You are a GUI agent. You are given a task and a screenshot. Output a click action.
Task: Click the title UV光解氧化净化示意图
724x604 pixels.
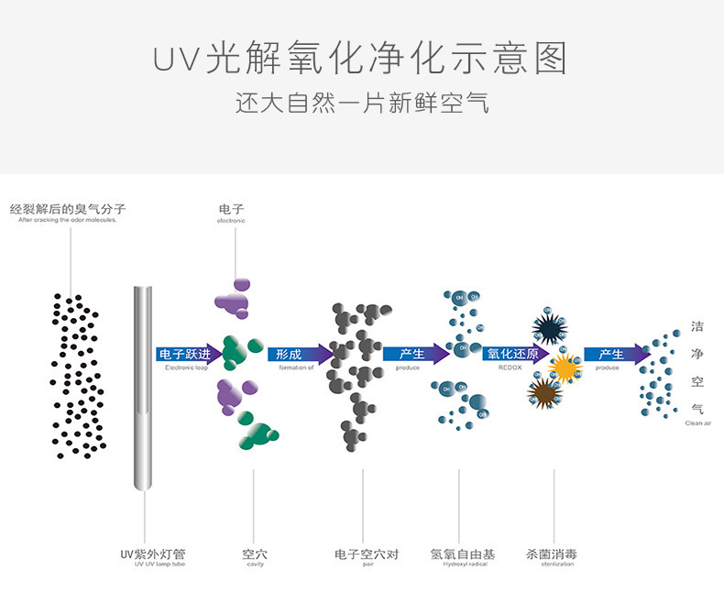360,58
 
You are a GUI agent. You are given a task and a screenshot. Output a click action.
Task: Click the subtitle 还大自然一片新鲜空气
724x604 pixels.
361,103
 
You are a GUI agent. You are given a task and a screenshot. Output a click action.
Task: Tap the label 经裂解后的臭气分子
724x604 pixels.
67,209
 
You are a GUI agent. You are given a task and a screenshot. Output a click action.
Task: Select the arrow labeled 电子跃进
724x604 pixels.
189,355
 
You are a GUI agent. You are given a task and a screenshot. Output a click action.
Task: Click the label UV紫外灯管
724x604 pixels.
153,555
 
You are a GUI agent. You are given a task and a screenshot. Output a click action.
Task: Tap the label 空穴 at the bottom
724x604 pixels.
255,555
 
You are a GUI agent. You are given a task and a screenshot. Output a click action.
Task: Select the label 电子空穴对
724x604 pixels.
367,555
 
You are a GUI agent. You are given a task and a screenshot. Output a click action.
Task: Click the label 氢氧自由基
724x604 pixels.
463,555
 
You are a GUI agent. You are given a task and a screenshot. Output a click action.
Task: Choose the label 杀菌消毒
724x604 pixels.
552,555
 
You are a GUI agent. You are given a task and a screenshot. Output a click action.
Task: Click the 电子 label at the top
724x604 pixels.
231,210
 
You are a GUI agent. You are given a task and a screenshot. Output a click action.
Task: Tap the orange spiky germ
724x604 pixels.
565,368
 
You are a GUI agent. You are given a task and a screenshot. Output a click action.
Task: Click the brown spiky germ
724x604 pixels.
544,392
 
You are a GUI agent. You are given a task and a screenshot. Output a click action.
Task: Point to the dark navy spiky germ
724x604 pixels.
550,329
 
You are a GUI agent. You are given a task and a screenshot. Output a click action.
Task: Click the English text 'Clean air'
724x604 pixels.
697,423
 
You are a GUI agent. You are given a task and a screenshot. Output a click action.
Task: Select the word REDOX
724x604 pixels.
510,368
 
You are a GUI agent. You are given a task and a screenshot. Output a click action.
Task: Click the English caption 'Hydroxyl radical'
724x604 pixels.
463,565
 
